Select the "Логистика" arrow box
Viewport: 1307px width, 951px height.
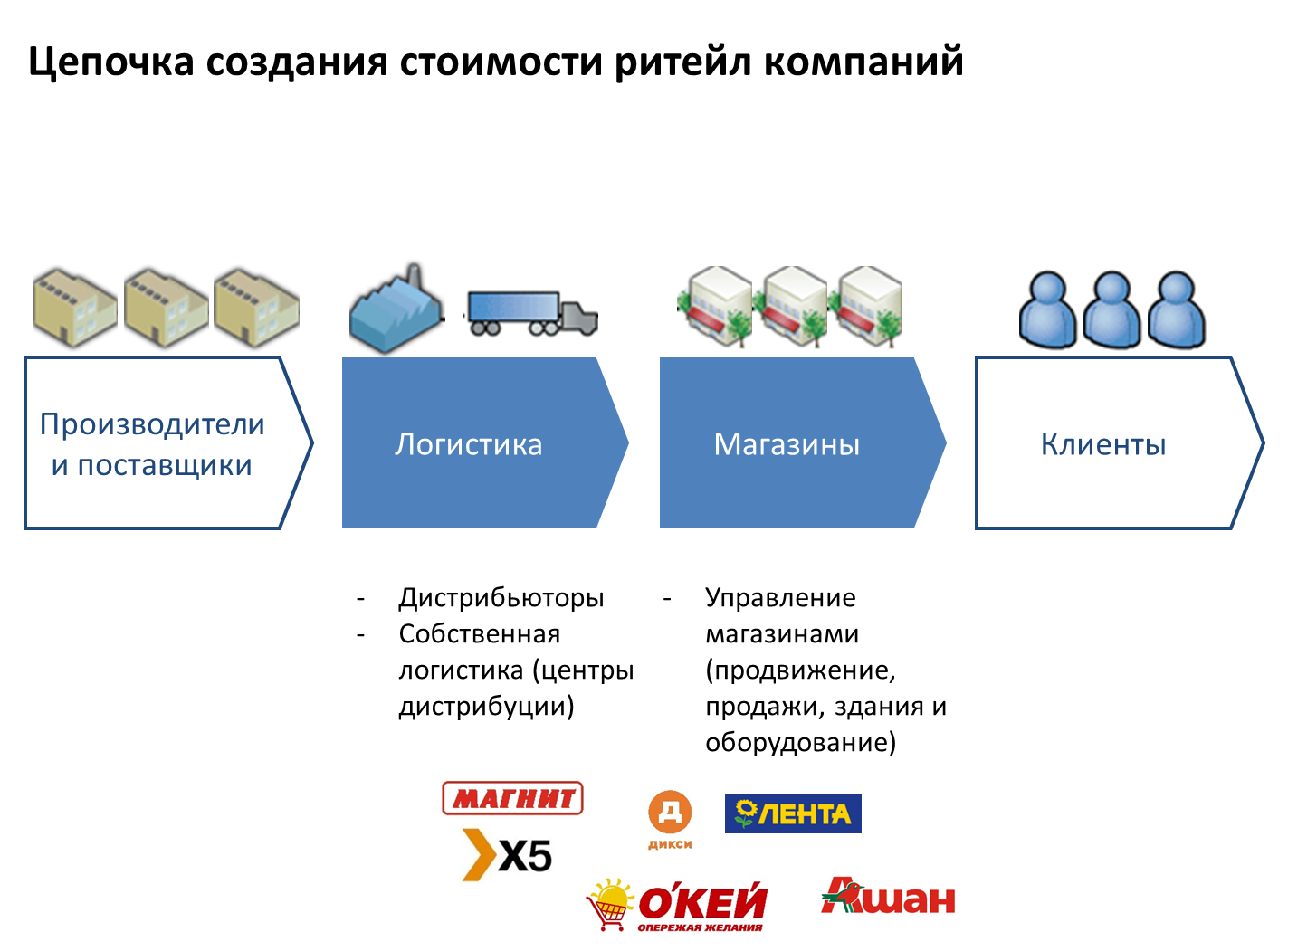(471, 443)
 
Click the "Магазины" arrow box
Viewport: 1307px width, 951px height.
(787, 443)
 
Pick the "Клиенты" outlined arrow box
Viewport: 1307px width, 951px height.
(1104, 443)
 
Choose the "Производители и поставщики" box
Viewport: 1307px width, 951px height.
(154, 443)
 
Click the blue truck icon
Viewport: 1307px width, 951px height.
(532, 313)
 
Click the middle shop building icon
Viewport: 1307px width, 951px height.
(794, 305)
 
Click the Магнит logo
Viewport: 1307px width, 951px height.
(512, 798)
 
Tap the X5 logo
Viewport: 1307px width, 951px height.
(508, 854)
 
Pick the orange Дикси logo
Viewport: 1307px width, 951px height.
(670, 820)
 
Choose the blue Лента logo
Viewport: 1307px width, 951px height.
(793, 813)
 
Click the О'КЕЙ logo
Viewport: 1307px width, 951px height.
(679, 904)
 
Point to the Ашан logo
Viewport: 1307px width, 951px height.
(889, 897)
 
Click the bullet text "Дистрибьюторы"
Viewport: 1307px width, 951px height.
(501, 598)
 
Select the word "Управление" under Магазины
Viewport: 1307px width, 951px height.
(780, 598)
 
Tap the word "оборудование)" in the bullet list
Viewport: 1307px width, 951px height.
(801, 743)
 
